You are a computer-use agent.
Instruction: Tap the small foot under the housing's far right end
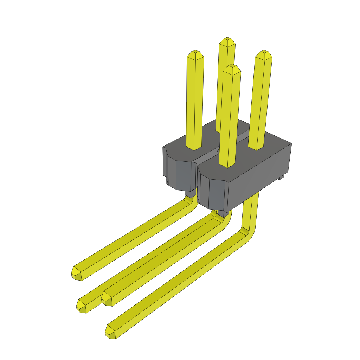[281, 178]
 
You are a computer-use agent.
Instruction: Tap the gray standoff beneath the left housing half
[190, 193]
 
